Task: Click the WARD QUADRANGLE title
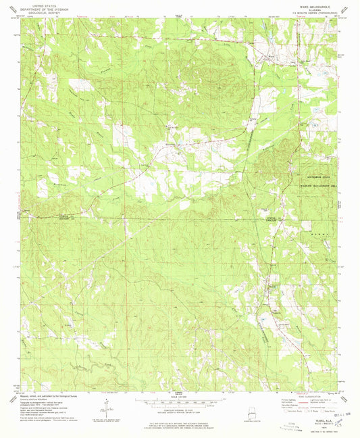(x=309, y=6)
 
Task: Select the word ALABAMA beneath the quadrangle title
(x=309, y=9)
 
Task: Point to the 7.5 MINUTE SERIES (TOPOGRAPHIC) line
(x=309, y=13)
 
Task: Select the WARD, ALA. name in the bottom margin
(x=308, y=420)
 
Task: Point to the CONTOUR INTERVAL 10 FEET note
(x=179, y=408)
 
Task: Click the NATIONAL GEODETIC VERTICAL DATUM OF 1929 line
(x=179, y=411)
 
